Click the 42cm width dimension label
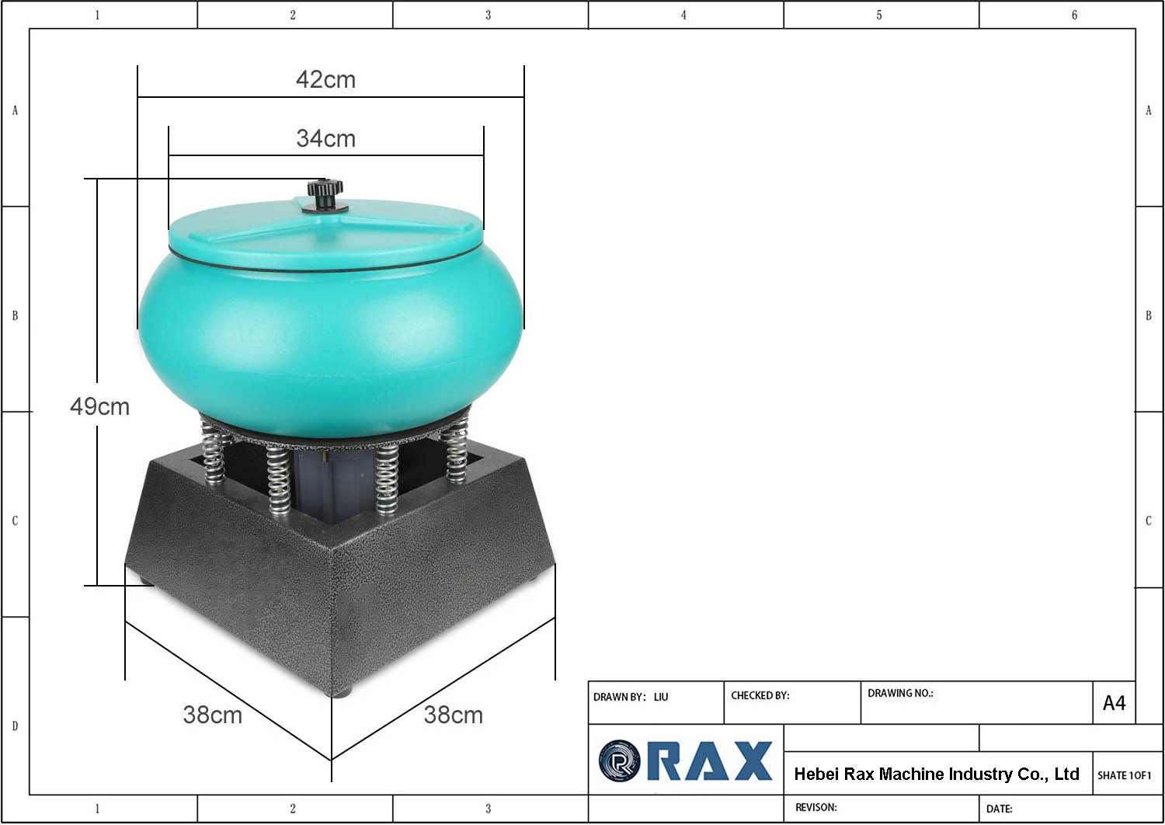click(325, 79)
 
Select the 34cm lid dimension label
click(325, 138)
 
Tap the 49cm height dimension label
click(99, 406)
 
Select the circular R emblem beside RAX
click(619, 761)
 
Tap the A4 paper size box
click(1114, 703)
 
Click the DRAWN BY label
click(619, 697)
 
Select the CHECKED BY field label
click(760, 695)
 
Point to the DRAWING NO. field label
click(900, 693)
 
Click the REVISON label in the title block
click(815, 807)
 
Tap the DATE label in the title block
click(999, 809)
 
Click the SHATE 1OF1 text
click(1124, 775)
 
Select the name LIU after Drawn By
click(661, 697)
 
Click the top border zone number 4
click(683, 15)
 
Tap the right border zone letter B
click(1149, 316)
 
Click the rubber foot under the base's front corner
click(342, 691)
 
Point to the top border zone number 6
click(1074, 15)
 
